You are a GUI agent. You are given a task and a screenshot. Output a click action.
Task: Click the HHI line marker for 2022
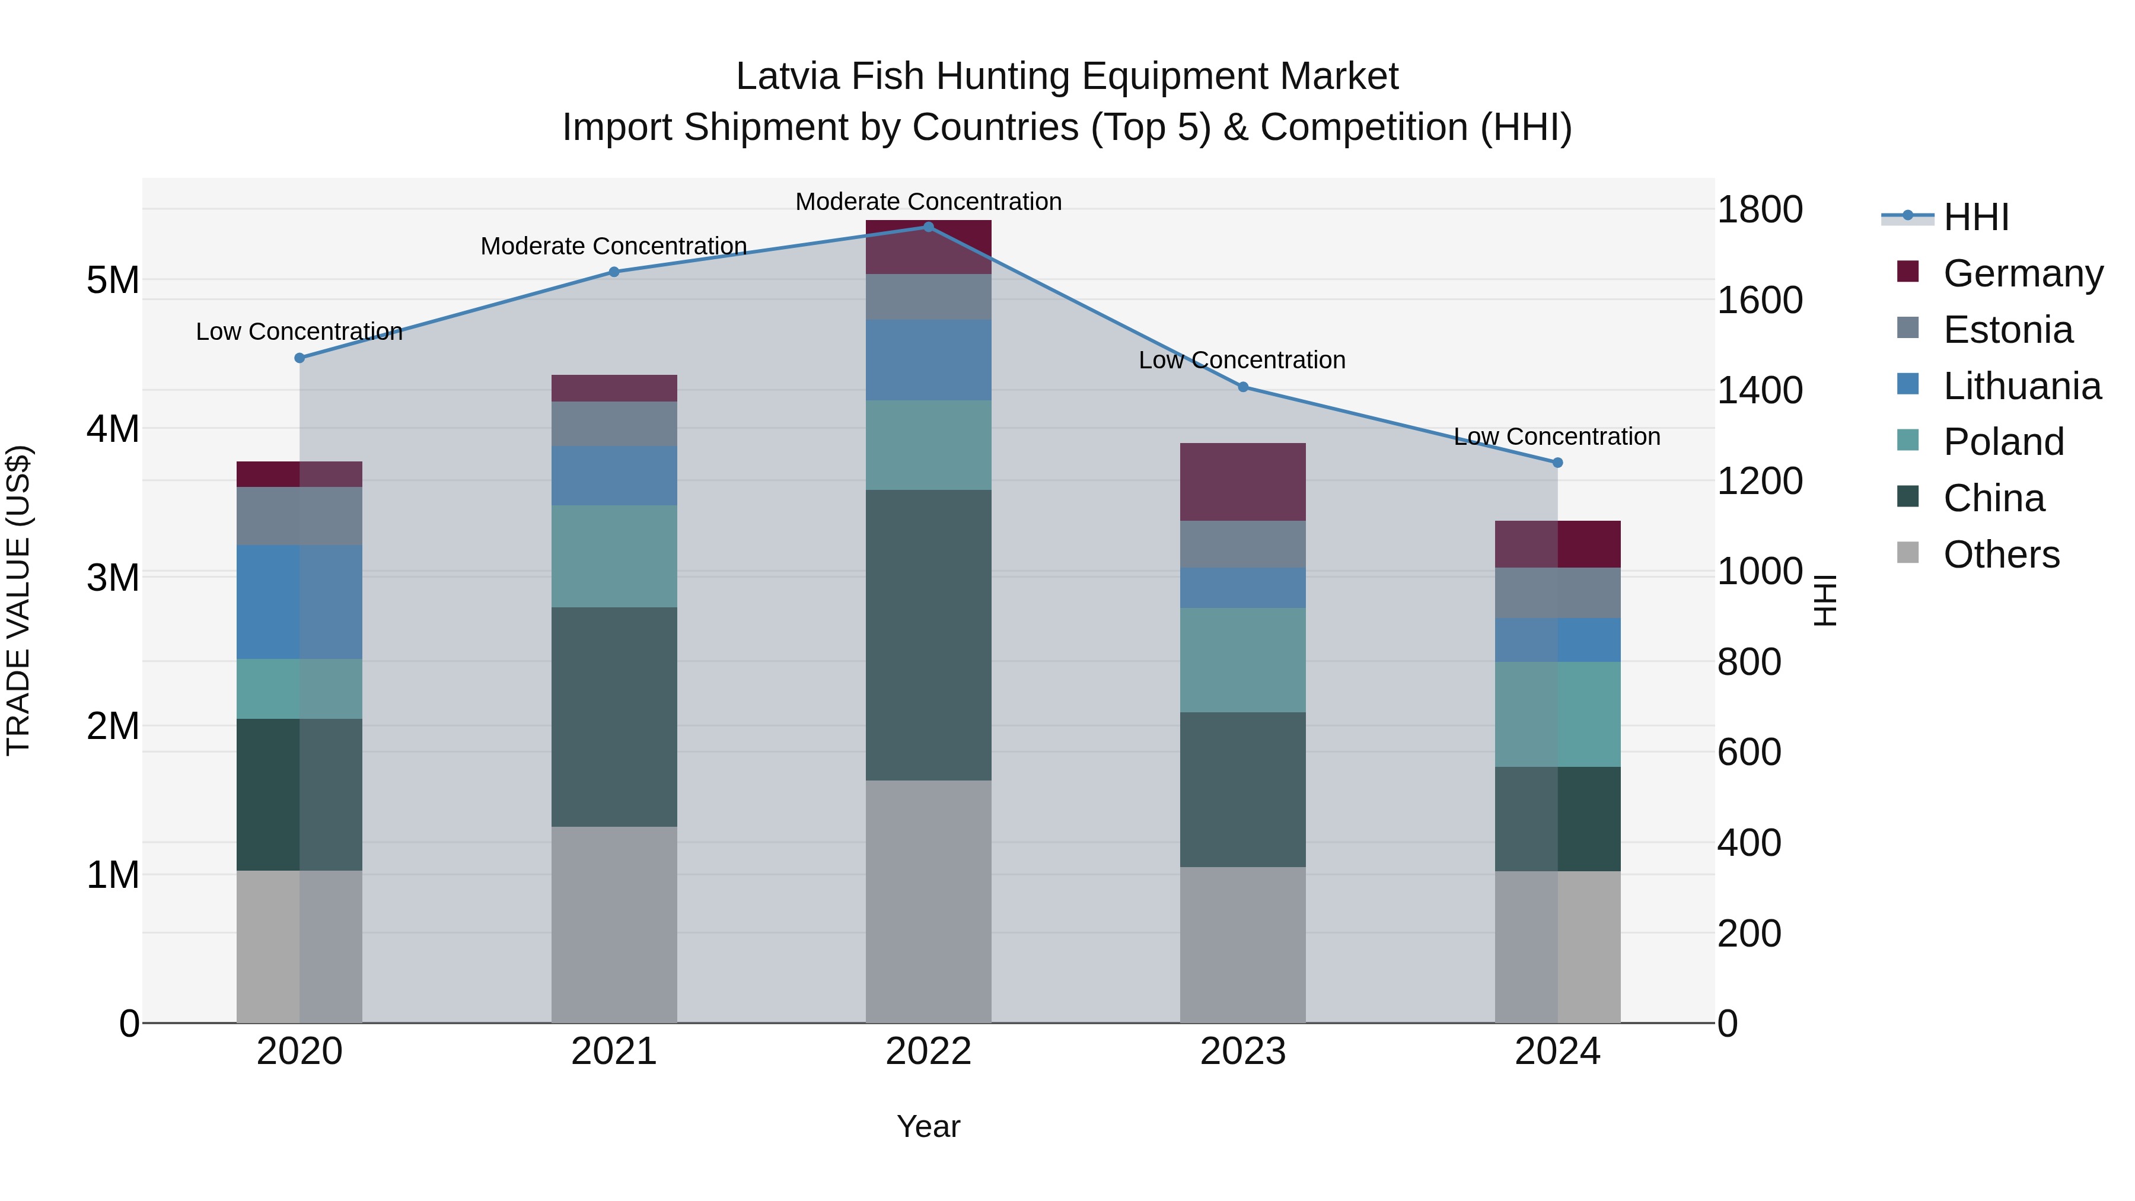pos(928,227)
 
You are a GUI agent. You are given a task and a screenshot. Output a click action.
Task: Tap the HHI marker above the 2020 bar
pos(300,358)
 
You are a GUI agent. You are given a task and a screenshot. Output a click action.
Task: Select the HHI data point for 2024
pos(1557,463)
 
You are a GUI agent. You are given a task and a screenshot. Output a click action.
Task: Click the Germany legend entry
pos(2022,273)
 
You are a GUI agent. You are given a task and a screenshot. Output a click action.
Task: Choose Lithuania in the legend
pos(2022,386)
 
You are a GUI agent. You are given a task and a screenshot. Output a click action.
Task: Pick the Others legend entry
pos(2001,555)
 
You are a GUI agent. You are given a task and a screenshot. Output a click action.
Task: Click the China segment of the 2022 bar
pos(928,635)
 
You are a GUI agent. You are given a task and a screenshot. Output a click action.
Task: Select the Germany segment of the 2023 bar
pos(1242,482)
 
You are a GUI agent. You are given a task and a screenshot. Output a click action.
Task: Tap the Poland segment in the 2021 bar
pos(614,556)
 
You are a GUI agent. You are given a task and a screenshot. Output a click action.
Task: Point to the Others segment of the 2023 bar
pos(1242,945)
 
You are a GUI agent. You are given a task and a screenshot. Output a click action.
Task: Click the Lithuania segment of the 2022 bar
pos(928,361)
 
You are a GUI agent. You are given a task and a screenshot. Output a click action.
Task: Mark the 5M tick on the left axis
pos(113,280)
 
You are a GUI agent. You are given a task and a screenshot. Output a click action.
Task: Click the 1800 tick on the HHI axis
pos(1759,210)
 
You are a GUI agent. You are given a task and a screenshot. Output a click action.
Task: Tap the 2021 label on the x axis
pos(614,1052)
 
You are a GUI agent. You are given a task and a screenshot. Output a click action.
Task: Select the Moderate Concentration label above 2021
pos(614,246)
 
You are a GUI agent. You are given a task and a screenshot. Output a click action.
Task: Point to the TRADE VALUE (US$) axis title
pos(18,600)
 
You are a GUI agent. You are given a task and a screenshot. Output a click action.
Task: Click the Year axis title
pos(928,1126)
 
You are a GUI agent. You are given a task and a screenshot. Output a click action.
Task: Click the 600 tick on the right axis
pos(1749,753)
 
